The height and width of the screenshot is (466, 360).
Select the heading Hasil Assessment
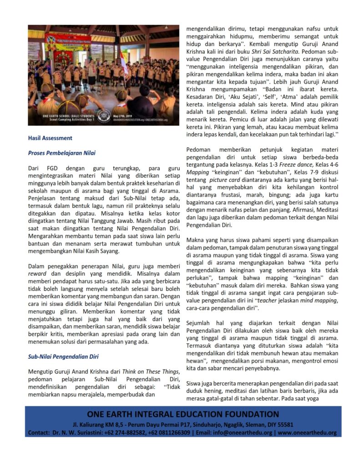(50, 138)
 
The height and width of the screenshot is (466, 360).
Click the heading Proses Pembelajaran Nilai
(62, 153)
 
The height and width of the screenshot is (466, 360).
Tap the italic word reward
(37, 274)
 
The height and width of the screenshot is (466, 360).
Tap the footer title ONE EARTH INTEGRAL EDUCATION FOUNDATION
(183, 414)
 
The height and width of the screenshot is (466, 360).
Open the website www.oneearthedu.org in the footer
(307, 432)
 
